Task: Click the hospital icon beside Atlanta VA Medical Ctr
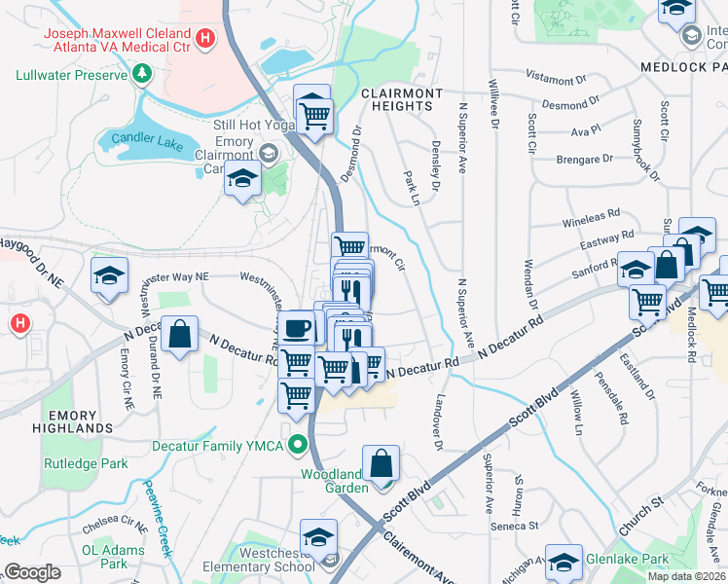pyautogui.click(x=204, y=38)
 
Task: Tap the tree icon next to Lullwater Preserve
pyautogui.click(x=142, y=74)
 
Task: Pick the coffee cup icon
pyautogui.click(x=297, y=328)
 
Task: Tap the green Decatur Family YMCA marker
pyautogui.click(x=300, y=446)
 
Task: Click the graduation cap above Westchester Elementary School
pyautogui.click(x=317, y=537)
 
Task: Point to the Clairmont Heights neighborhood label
pyautogui.click(x=396, y=98)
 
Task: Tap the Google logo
pyautogui.click(x=31, y=572)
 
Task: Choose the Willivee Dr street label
pyautogui.click(x=494, y=105)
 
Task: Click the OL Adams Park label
pyautogui.click(x=105, y=556)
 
